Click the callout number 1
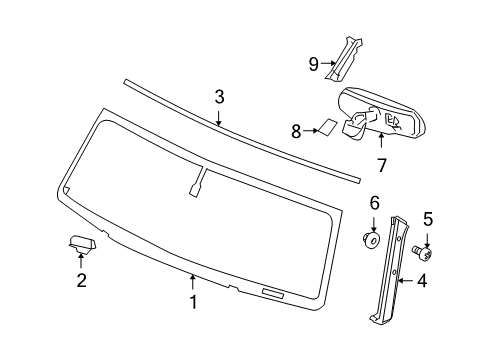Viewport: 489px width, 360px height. [x=193, y=300]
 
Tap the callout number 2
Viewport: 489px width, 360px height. [x=80, y=279]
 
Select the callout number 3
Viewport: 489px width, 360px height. [x=218, y=97]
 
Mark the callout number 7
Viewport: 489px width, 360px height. [x=381, y=163]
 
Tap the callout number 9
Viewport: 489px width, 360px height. [x=313, y=64]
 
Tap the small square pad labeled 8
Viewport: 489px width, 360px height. [x=327, y=128]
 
